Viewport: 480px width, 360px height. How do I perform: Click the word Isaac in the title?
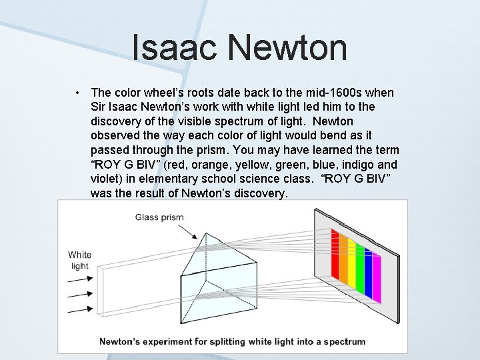click(x=175, y=48)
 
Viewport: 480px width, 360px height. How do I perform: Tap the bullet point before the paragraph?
click(x=78, y=93)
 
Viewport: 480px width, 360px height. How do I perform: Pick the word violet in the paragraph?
click(x=105, y=179)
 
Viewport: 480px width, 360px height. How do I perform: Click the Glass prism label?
click(x=159, y=217)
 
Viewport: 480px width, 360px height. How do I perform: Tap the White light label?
click(x=79, y=260)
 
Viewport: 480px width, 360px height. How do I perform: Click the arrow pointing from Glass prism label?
click(x=186, y=230)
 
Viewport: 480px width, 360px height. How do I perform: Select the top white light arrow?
click(x=81, y=278)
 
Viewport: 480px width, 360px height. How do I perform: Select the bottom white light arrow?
click(x=81, y=309)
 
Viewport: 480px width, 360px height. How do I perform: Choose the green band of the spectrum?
click(x=360, y=267)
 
